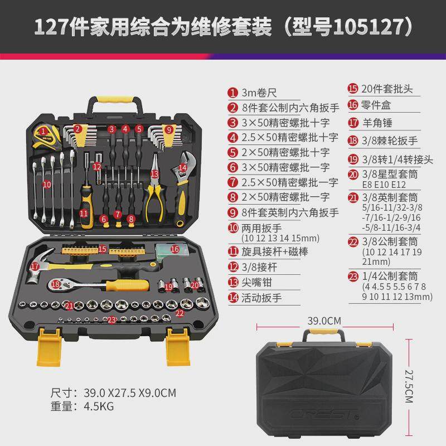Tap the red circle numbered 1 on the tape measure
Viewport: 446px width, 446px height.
[x=42, y=132]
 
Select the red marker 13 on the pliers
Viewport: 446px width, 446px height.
[x=154, y=174]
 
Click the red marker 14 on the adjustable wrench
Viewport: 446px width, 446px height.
[x=182, y=166]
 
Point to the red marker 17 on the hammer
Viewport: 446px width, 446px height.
[x=35, y=266]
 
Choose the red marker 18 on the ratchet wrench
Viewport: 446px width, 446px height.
[x=55, y=284]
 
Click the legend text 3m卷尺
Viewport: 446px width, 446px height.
[x=259, y=93]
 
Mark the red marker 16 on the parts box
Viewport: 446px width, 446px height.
[x=175, y=249]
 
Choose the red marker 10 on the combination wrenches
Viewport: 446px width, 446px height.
[x=47, y=183]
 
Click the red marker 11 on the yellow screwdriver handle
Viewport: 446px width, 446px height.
[x=84, y=212]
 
